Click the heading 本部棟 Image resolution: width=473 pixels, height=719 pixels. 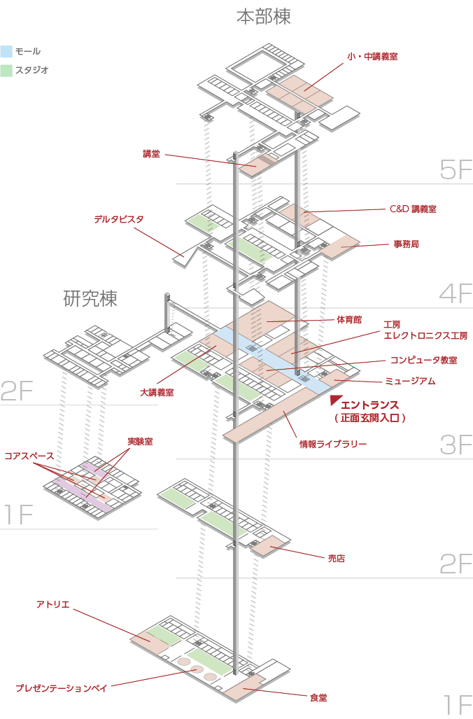coord(263,17)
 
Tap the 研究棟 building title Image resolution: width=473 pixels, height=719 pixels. coord(90,299)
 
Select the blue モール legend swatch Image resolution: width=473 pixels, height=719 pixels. coord(7,51)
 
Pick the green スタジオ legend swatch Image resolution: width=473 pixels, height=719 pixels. coord(7,70)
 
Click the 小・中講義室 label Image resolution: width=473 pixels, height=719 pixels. coord(372,56)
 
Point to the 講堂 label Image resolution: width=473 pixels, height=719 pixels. coord(151,154)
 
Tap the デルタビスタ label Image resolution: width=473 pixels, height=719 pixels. coord(119,219)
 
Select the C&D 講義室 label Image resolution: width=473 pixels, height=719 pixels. coord(413,209)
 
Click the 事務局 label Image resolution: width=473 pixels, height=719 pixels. coord(406,244)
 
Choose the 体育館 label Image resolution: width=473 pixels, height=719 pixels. coord(348,319)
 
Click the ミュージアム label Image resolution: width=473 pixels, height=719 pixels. coord(410,381)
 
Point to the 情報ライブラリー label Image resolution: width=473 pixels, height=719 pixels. coord(333,443)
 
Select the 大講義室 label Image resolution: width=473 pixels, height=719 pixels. coord(156,393)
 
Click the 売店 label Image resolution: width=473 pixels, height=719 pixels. coord(337,559)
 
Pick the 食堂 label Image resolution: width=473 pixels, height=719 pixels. coord(318,697)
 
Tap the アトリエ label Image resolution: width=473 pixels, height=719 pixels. coord(53,603)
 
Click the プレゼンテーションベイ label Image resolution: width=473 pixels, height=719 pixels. coord(61,688)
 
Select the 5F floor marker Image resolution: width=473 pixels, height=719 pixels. coord(456,170)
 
